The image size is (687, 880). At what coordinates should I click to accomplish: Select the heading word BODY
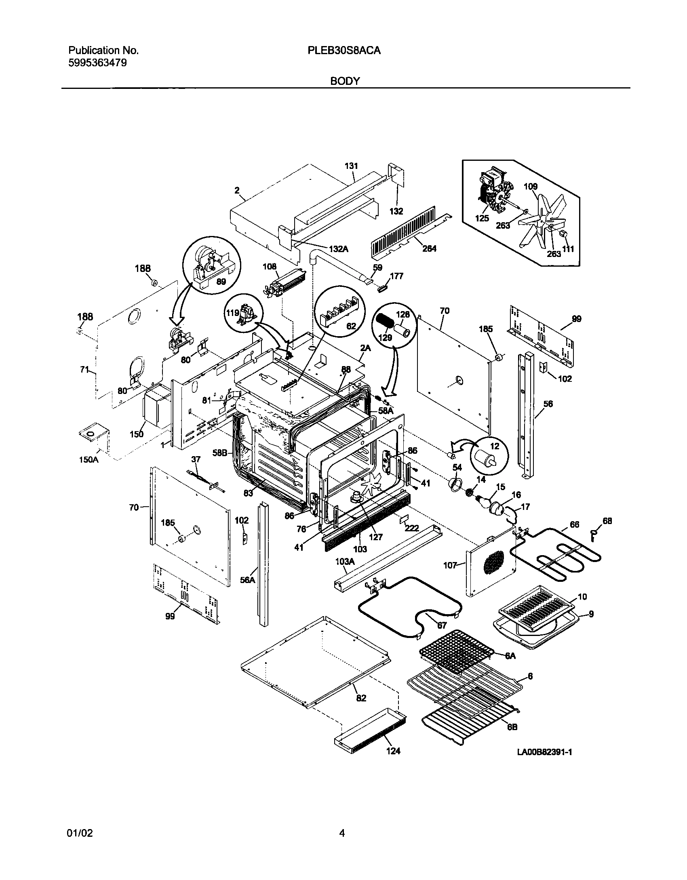(345, 81)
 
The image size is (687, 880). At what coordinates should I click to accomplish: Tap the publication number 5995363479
(97, 63)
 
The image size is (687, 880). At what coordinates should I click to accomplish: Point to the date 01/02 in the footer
(79, 833)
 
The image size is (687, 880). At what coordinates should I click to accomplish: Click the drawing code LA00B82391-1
(544, 752)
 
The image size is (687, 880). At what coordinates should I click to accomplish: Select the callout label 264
(429, 249)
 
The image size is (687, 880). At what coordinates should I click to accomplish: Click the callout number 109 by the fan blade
(531, 187)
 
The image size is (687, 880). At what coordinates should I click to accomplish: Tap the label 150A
(89, 459)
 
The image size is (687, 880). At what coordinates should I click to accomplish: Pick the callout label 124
(393, 751)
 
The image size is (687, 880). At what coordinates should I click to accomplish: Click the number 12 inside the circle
(495, 446)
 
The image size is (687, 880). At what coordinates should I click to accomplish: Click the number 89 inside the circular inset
(221, 282)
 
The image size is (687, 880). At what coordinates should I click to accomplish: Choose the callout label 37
(196, 459)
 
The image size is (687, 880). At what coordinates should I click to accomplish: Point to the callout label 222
(413, 528)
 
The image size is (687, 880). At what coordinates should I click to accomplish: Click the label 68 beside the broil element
(607, 521)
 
